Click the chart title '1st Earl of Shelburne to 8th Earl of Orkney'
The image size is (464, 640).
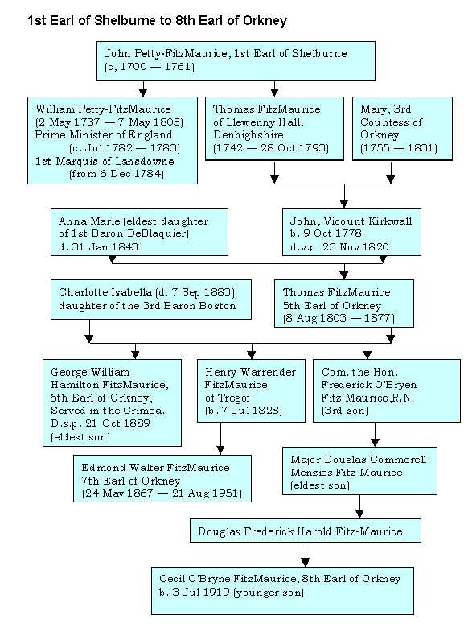click(157, 20)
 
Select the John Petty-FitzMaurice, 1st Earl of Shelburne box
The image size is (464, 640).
click(236, 60)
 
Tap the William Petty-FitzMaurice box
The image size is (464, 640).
click(113, 140)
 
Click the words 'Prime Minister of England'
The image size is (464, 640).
click(104, 134)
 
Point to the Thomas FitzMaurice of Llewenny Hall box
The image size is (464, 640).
click(274, 128)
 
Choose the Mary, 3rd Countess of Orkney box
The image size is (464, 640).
click(402, 128)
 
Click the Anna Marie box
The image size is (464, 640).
click(139, 232)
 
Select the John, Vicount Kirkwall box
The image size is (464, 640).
click(351, 232)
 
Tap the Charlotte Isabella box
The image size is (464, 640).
click(151, 299)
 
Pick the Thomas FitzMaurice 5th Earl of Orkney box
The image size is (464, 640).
click(343, 303)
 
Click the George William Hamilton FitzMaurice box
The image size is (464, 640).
click(112, 403)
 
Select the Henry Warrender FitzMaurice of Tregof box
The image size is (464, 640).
click(251, 390)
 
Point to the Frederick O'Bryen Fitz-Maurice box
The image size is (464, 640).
click(387, 390)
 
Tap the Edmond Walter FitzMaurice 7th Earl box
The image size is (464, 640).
click(162, 478)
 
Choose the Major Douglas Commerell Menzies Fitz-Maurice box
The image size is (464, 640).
click(359, 471)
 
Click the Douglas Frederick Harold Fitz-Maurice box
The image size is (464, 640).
click(306, 531)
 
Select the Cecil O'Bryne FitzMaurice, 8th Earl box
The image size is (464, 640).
click(282, 591)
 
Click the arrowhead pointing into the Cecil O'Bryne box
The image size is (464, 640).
click(306, 562)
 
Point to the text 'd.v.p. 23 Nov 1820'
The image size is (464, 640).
click(339, 246)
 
